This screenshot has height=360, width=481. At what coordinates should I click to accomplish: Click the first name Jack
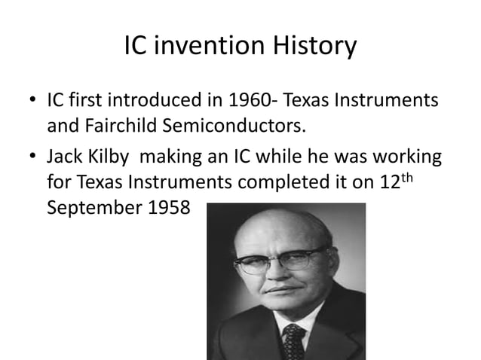click(64, 159)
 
